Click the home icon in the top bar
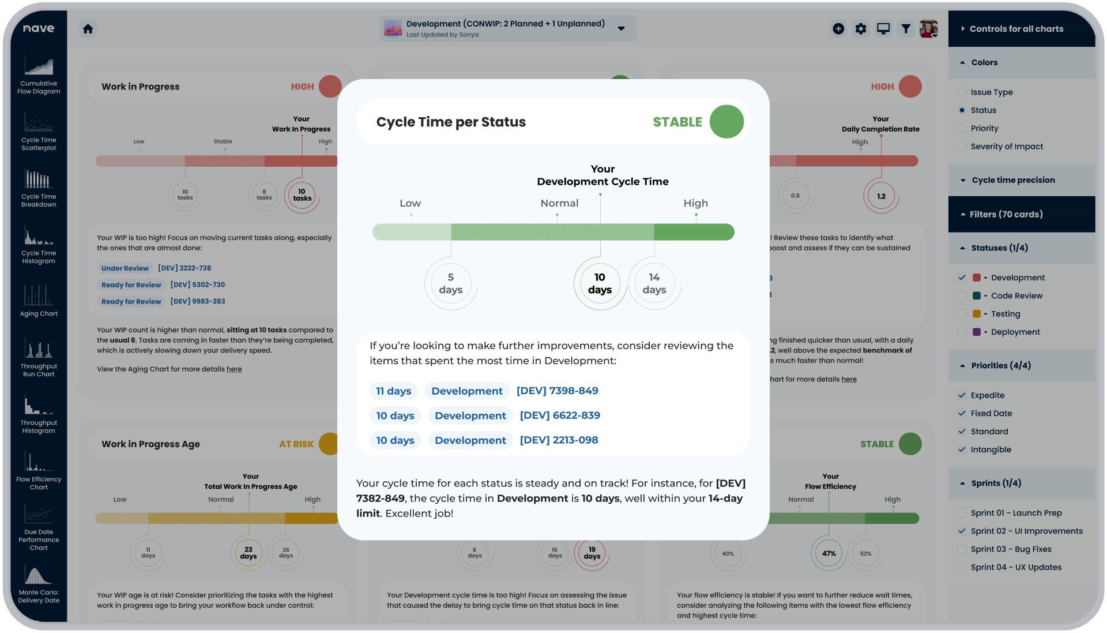click(88, 29)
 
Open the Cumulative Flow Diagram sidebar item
click(39, 75)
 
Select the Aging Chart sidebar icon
click(39, 300)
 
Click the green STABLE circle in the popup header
click(726, 122)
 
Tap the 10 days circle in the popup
click(600, 283)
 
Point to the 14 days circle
click(654, 283)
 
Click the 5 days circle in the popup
click(450, 283)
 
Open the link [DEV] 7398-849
click(557, 391)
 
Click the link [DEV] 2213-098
click(559, 440)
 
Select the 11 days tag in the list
click(394, 391)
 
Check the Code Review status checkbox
click(962, 296)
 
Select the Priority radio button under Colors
click(962, 129)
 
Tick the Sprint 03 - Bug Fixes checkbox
click(962, 549)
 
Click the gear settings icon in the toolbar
click(860, 29)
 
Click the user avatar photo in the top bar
click(928, 29)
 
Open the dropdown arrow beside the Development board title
click(621, 29)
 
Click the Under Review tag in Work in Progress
click(125, 268)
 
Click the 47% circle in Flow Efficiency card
click(829, 553)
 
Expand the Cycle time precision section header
click(1012, 180)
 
